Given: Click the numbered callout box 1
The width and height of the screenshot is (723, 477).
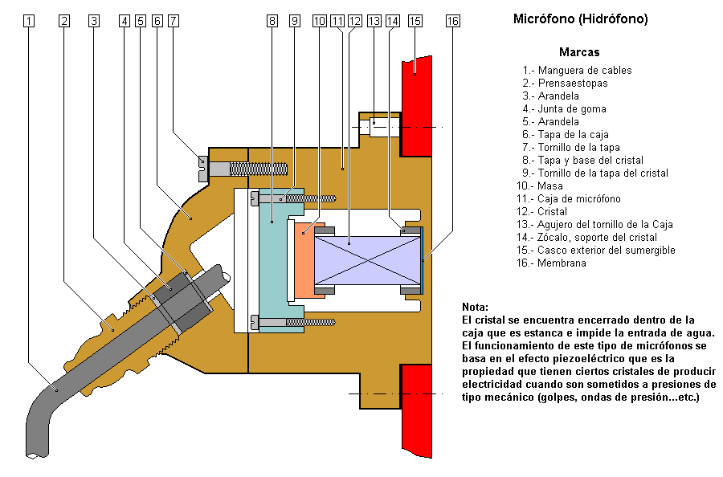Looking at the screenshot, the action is click(x=29, y=21).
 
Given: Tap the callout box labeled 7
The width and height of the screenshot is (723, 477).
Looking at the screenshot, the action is click(x=174, y=21).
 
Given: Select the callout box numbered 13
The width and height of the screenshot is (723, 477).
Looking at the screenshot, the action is click(x=374, y=21).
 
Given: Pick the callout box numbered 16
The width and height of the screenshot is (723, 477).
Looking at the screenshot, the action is click(x=453, y=21).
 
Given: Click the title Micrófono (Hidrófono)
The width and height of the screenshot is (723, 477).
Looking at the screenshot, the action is click(x=581, y=19).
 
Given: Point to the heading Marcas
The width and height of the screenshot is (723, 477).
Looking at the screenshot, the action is click(x=579, y=52).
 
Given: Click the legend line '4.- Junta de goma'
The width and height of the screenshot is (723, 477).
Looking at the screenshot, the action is click(x=565, y=108).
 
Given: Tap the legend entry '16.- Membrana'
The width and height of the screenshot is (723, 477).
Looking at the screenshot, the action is click(x=551, y=263).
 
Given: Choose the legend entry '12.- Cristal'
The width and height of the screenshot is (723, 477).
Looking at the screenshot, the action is click(x=541, y=211).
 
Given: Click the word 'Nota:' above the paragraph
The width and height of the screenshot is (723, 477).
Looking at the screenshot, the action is click(x=475, y=307).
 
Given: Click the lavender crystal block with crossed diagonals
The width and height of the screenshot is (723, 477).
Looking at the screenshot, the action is click(x=368, y=260).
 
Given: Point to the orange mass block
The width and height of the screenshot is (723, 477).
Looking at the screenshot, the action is click(x=304, y=260).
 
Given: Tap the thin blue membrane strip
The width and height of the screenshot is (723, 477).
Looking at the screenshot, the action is click(x=422, y=260).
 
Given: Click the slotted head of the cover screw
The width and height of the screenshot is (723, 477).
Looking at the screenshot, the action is click(x=203, y=169).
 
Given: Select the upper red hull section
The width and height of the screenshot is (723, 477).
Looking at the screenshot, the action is click(x=416, y=106).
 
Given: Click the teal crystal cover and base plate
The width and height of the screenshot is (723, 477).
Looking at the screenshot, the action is click(x=273, y=260).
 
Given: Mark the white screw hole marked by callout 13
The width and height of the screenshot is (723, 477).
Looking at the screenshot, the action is click(x=379, y=127).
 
